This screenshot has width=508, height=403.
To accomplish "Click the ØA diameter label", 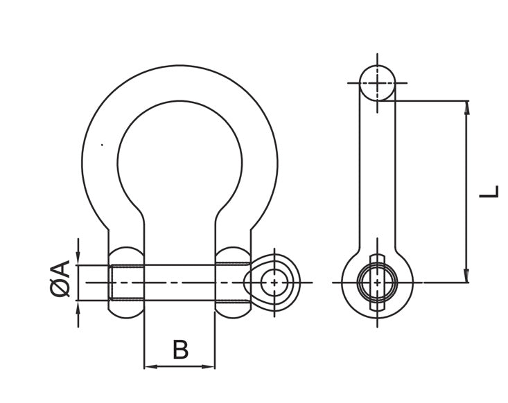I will coord(61,279).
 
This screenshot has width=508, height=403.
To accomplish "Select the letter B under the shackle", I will coord(179,350).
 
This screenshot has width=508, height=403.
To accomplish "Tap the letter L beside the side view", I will coord(489,191).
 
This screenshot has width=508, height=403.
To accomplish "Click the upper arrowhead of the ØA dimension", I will coord(78,259).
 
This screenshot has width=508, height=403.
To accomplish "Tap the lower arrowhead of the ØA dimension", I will coord(78,307).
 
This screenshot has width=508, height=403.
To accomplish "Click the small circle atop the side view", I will coord(377,83).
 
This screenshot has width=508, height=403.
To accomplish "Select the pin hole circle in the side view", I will coord(377,283).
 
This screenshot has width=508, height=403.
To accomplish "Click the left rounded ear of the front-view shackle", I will coord(126,283).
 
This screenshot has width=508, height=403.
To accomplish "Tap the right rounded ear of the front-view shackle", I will coord(233,283).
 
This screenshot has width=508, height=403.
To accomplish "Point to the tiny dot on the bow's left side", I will coord(102,145).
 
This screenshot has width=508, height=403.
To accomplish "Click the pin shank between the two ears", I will coord(179,283).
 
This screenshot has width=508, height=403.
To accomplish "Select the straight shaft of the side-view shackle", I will coord(377,173).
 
